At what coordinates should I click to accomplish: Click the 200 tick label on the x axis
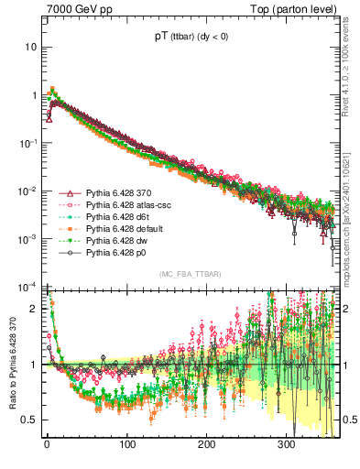click(207, 445)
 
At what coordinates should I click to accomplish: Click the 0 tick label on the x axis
click(47, 445)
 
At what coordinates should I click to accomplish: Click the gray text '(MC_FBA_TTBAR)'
click(190, 274)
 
